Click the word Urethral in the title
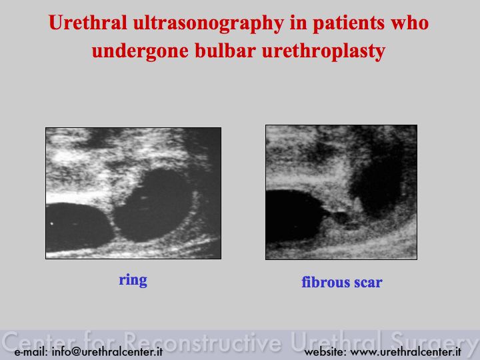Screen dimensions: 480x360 [x=87, y=23]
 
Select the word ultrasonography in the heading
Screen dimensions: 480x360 [x=208, y=24]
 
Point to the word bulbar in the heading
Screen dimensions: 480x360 [x=225, y=51]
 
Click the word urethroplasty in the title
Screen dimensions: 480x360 [x=323, y=52]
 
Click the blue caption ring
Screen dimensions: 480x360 [x=133, y=281]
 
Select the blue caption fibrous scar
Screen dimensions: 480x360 [x=342, y=282]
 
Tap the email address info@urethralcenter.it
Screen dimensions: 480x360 [x=107, y=352]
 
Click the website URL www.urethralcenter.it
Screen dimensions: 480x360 [x=405, y=352]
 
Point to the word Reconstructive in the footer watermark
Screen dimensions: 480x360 [x=203, y=341]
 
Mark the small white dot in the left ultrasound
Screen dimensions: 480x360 [x=52, y=223]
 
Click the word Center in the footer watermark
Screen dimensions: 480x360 [x=39, y=341]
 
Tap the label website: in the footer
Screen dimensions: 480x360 [x=325, y=352]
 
